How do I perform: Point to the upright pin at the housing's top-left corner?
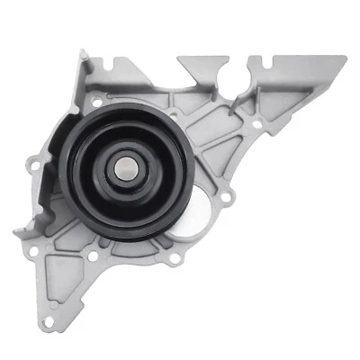click(x=84, y=57)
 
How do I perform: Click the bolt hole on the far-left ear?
click(x=34, y=166)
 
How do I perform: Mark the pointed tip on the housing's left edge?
click(x=16, y=232)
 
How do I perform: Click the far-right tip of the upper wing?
click(x=343, y=61)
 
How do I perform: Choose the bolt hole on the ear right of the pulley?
click(x=227, y=196)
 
